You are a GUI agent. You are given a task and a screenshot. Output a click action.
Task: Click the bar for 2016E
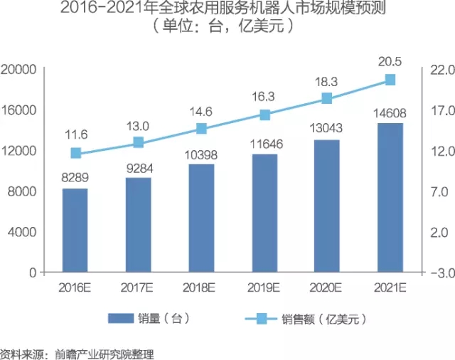click(x=75, y=230)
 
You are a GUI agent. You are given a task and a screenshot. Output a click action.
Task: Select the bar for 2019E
click(x=264, y=213)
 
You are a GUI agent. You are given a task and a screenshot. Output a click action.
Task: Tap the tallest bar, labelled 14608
click(x=390, y=197)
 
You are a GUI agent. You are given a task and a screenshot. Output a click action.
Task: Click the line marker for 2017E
click(x=138, y=142)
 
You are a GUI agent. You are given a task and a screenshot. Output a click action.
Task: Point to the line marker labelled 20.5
click(x=390, y=80)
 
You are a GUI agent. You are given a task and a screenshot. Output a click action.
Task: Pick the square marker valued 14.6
click(x=201, y=129)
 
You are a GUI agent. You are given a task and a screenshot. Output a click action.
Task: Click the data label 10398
click(x=201, y=154)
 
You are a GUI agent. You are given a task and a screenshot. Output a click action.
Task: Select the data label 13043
click(x=327, y=128)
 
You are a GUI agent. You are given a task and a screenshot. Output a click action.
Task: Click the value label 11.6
click(x=75, y=134)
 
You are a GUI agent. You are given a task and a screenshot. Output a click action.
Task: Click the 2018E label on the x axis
click(x=201, y=287)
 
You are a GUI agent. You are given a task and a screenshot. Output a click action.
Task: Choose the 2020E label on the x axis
click(x=327, y=287)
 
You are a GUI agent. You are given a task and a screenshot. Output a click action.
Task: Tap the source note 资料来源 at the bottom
click(x=77, y=352)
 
